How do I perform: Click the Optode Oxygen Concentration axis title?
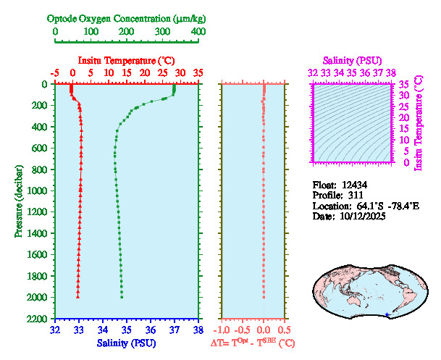(x=126, y=18)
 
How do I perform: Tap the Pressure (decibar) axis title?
(x=19, y=201)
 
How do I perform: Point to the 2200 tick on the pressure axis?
(x=39, y=319)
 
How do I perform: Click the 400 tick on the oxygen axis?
(x=198, y=33)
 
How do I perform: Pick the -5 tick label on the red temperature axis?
(x=55, y=73)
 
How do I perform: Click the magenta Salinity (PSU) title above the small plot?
(x=351, y=60)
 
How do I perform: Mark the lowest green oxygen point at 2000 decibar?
(x=122, y=297)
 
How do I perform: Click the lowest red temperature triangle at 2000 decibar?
(x=78, y=296)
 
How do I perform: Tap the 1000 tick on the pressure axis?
(x=39, y=191)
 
